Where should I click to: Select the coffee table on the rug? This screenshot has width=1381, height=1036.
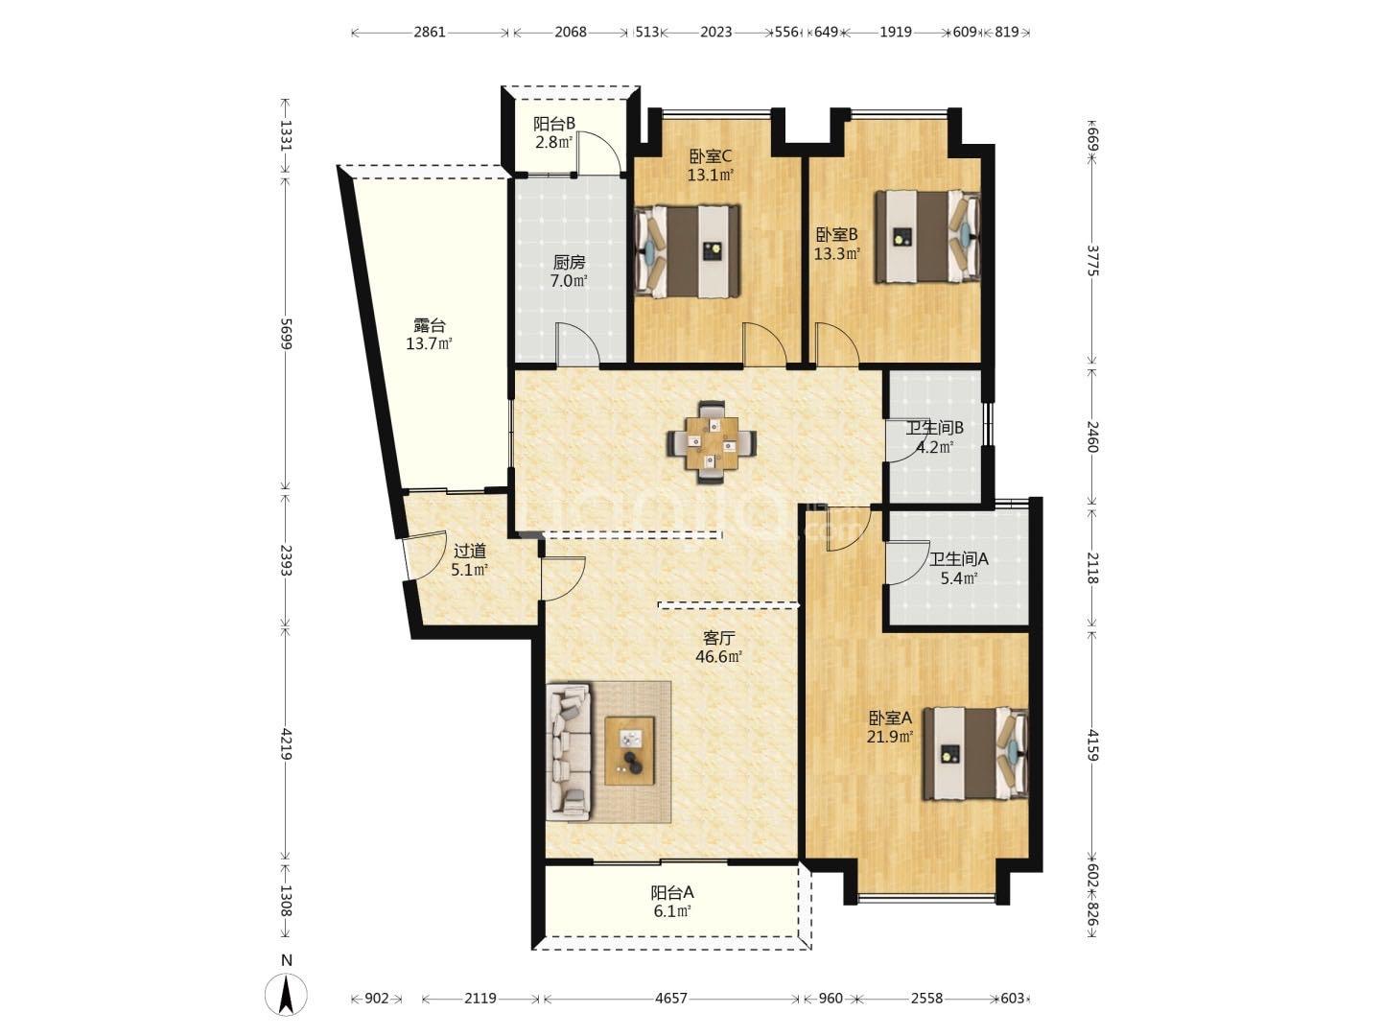[x=629, y=750]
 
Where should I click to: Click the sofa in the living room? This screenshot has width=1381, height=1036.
[x=570, y=752]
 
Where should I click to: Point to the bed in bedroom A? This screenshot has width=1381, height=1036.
[x=976, y=754]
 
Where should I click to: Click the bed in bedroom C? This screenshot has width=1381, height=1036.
[x=687, y=250]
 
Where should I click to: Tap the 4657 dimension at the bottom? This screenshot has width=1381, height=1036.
[x=670, y=999]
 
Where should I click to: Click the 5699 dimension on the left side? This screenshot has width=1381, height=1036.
[x=286, y=334]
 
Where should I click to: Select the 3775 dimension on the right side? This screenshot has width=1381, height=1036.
[x=1093, y=260]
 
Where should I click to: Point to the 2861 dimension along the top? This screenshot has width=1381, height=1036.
[x=430, y=32]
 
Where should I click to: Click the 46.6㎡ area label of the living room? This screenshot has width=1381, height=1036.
[x=718, y=657]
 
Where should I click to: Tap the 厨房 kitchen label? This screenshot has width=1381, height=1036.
[x=569, y=262]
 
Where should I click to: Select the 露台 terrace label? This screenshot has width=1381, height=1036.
[x=430, y=325]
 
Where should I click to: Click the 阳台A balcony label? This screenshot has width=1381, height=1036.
[x=672, y=892]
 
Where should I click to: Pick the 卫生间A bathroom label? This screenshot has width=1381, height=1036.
[x=959, y=558]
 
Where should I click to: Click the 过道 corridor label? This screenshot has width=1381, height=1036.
[x=470, y=551]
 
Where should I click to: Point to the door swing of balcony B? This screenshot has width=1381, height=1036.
[x=599, y=153]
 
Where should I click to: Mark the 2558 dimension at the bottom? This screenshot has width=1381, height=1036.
[x=926, y=999]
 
